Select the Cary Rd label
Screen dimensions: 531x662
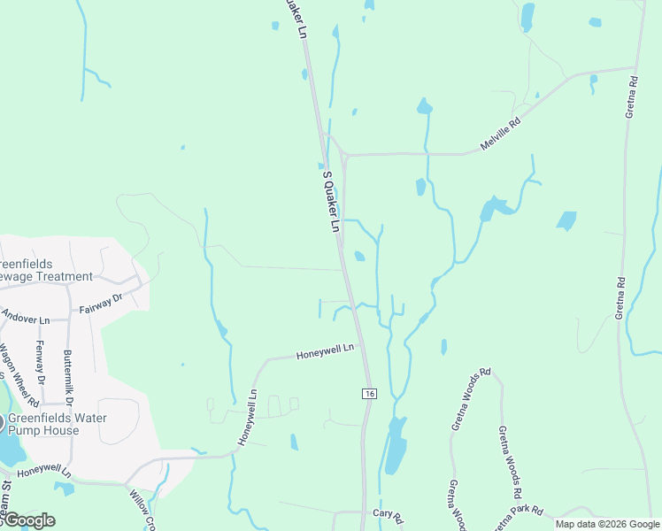[x=388, y=515]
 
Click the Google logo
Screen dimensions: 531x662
[x=28, y=519]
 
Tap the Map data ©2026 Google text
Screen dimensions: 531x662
[x=608, y=524]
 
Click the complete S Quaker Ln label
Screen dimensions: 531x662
[x=330, y=201]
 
